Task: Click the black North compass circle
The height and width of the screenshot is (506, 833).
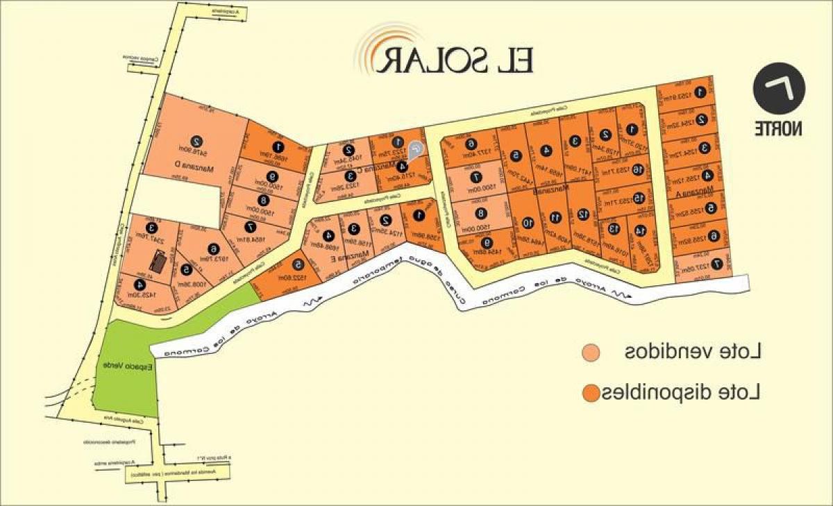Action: click(x=779, y=90)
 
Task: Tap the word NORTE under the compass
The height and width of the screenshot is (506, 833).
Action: click(x=779, y=128)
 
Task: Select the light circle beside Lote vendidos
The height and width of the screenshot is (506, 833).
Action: click(x=591, y=353)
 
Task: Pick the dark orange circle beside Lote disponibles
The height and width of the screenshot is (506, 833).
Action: click(x=591, y=394)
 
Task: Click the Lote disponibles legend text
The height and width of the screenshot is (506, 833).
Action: click(x=683, y=393)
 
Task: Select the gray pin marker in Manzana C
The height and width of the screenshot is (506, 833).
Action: click(x=415, y=148)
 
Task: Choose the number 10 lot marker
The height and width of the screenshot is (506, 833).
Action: click(x=528, y=223)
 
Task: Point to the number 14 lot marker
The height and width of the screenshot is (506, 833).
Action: click(x=640, y=230)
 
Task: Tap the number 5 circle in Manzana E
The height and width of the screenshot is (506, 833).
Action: click(x=298, y=264)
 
